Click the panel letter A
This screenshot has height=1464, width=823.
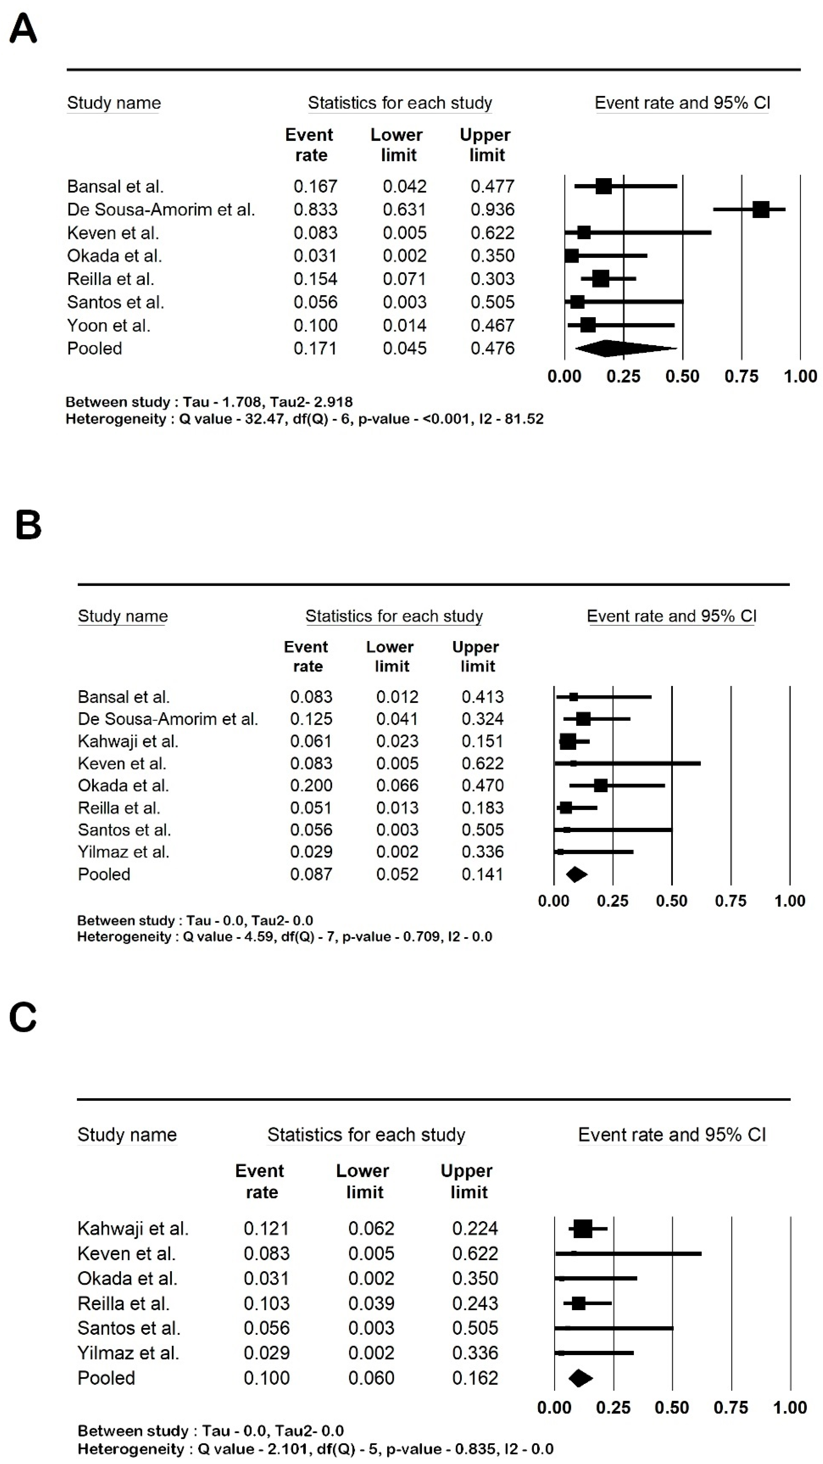(23, 28)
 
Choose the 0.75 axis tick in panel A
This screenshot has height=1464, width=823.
(741, 376)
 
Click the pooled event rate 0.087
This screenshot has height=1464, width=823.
(311, 874)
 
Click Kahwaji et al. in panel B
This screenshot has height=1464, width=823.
(128, 741)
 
